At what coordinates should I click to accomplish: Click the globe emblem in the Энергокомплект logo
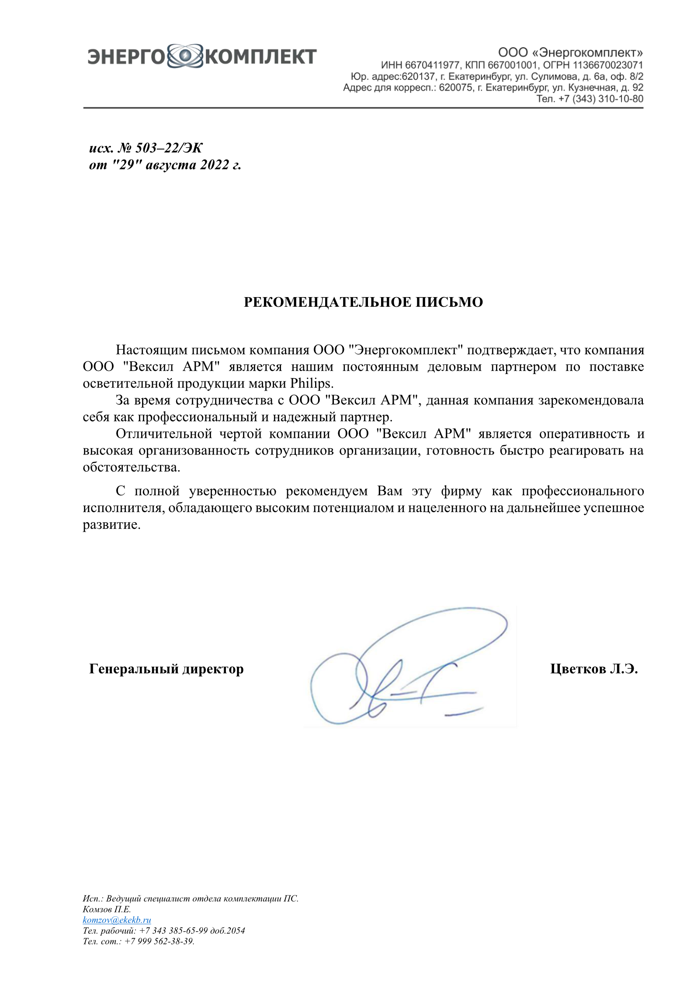coord(185,56)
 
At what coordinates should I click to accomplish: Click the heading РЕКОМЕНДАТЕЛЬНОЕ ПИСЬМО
coord(363,302)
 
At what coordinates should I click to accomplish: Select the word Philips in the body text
coord(311,384)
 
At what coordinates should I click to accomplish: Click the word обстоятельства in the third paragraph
coord(132,467)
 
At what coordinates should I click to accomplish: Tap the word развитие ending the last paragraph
coord(111,524)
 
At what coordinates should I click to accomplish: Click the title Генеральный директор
coord(167,669)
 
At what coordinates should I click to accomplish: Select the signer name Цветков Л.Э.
coord(594,669)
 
